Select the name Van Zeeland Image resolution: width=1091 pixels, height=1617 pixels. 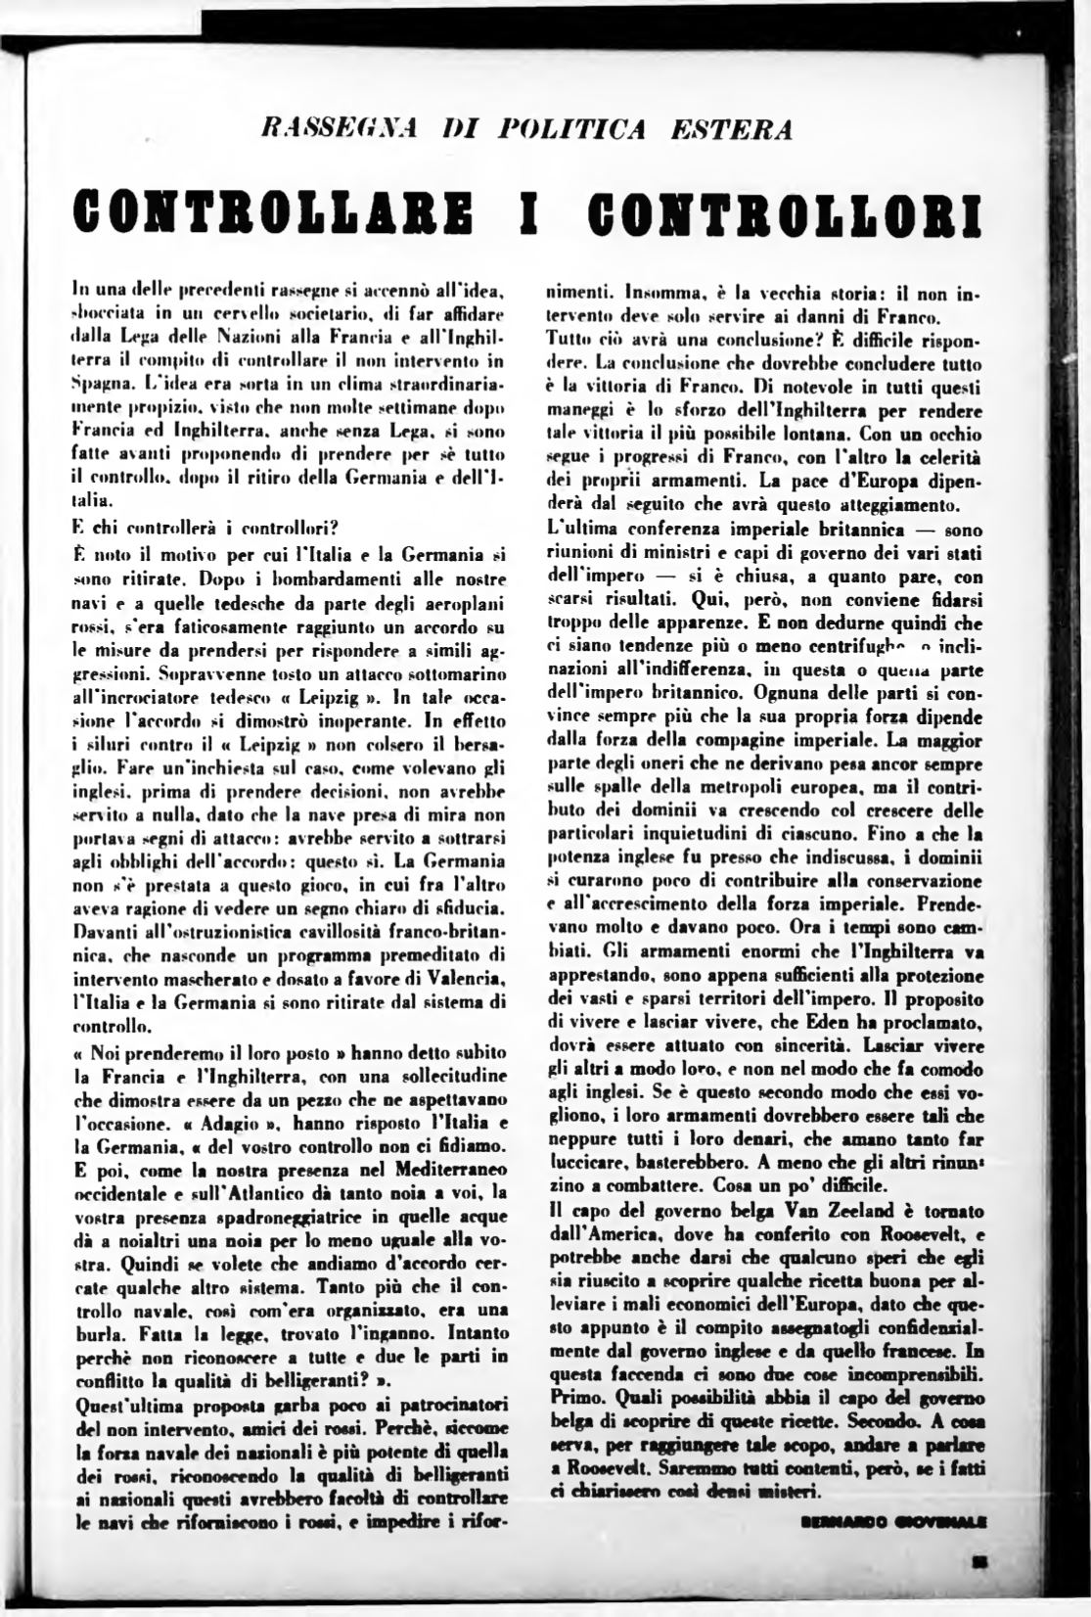click(779, 1212)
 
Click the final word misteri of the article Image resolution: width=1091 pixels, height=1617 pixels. click(787, 1493)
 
